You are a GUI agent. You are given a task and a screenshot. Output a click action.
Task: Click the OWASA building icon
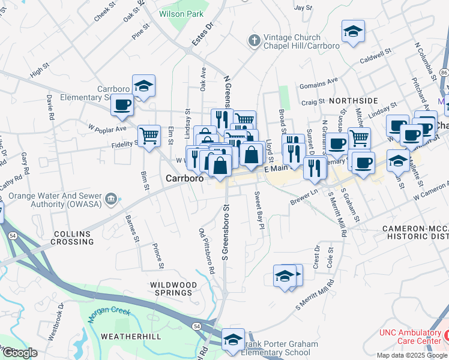pos(110,199)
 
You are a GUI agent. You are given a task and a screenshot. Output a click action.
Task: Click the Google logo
pos(19,353)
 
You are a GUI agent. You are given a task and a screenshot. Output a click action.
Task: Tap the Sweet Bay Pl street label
pos(259,210)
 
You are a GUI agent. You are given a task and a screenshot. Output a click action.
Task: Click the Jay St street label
pos(304,7)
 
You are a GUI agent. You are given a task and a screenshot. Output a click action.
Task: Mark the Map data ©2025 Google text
pos(411,355)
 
